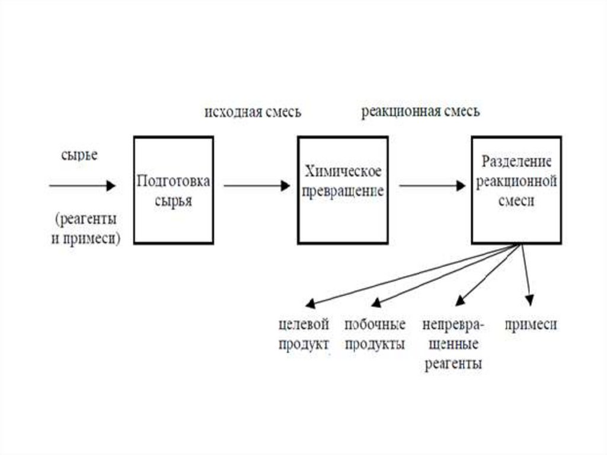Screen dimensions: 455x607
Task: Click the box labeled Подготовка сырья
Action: [173, 190]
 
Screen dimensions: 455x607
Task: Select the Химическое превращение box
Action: [343, 190]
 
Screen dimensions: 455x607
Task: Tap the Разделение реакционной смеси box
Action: [516, 190]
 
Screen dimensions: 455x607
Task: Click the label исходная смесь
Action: [253, 112]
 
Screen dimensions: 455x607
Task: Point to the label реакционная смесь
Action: [420, 112]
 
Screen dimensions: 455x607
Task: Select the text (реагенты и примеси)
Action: [86, 229]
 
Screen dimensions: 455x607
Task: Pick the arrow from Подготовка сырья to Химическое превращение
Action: [255, 186]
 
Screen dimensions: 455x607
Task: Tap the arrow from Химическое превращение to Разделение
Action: [432, 186]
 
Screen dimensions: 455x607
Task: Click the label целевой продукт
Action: [303, 335]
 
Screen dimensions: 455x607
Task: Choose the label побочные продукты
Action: [375, 335]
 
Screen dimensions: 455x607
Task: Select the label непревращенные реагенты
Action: [453, 344]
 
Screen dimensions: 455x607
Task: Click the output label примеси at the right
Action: [531, 324]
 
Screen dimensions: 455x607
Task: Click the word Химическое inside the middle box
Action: [342, 173]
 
